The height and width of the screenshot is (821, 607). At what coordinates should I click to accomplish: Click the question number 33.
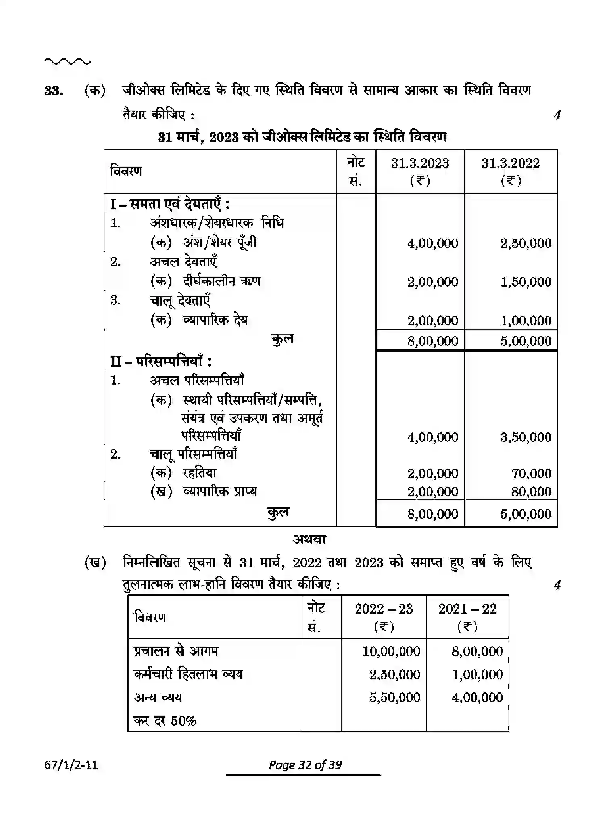click(x=54, y=91)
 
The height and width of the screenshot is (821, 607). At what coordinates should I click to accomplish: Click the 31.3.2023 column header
click(x=420, y=163)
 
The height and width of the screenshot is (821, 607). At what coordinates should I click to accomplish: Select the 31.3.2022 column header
click(x=510, y=163)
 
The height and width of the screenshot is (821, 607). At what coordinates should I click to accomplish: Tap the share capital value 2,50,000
click(x=526, y=243)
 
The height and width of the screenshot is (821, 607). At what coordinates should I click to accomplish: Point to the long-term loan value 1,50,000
click(x=526, y=282)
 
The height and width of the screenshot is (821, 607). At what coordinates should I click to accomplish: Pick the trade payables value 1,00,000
click(x=526, y=320)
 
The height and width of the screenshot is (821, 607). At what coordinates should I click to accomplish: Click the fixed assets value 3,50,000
click(x=526, y=437)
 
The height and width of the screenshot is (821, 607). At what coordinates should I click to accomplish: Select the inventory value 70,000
click(x=531, y=473)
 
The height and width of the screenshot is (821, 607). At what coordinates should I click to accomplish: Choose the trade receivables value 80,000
click(x=531, y=492)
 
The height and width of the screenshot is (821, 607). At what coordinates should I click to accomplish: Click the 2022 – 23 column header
click(x=384, y=609)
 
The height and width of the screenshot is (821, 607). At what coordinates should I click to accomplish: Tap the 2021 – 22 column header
click(x=467, y=609)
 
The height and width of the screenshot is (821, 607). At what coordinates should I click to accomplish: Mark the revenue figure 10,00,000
click(x=391, y=651)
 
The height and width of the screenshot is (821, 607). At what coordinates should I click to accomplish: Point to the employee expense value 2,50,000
click(x=394, y=674)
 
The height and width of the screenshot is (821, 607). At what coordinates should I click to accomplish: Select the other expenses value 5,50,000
click(x=394, y=697)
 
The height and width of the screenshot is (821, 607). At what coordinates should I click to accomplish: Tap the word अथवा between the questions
click(x=309, y=540)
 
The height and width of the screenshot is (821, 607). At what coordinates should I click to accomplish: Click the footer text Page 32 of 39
click(x=305, y=765)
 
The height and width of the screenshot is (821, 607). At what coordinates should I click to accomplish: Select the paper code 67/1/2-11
click(x=71, y=765)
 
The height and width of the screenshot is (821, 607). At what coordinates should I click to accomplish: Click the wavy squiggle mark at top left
click(x=67, y=62)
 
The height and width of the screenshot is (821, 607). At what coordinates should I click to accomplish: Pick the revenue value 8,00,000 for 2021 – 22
click(x=477, y=651)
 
